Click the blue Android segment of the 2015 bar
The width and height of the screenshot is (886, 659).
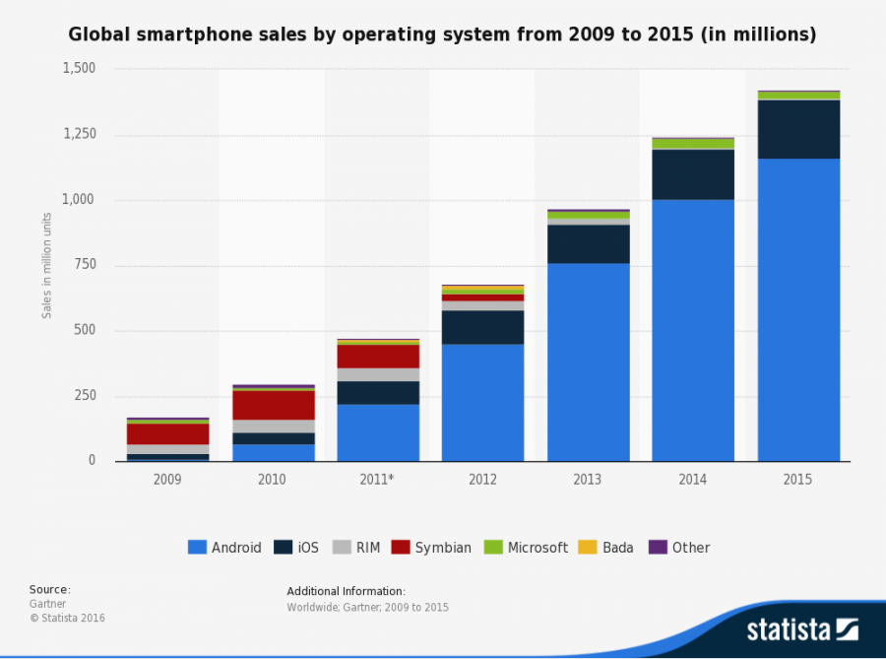click(x=798, y=309)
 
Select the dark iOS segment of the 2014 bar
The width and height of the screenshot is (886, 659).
click(x=693, y=174)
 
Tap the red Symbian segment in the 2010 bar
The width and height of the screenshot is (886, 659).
click(x=272, y=405)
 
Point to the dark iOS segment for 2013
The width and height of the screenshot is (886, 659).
click(x=589, y=243)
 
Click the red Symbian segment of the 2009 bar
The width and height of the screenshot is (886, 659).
click(x=167, y=433)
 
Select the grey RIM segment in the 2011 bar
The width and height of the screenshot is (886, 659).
click(x=378, y=374)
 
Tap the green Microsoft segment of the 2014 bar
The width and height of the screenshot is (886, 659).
click(x=693, y=144)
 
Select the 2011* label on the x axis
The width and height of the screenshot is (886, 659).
click(x=378, y=479)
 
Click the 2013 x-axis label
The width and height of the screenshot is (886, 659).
click(x=589, y=479)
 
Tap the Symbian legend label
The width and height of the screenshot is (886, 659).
click(x=442, y=548)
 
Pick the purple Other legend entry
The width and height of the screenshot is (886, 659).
click(x=680, y=548)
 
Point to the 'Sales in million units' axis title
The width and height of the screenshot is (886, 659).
click(x=46, y=265)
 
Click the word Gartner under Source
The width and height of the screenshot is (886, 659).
click(x=46, y=604)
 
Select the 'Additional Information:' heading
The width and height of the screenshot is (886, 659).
click(x=346, y=591)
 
